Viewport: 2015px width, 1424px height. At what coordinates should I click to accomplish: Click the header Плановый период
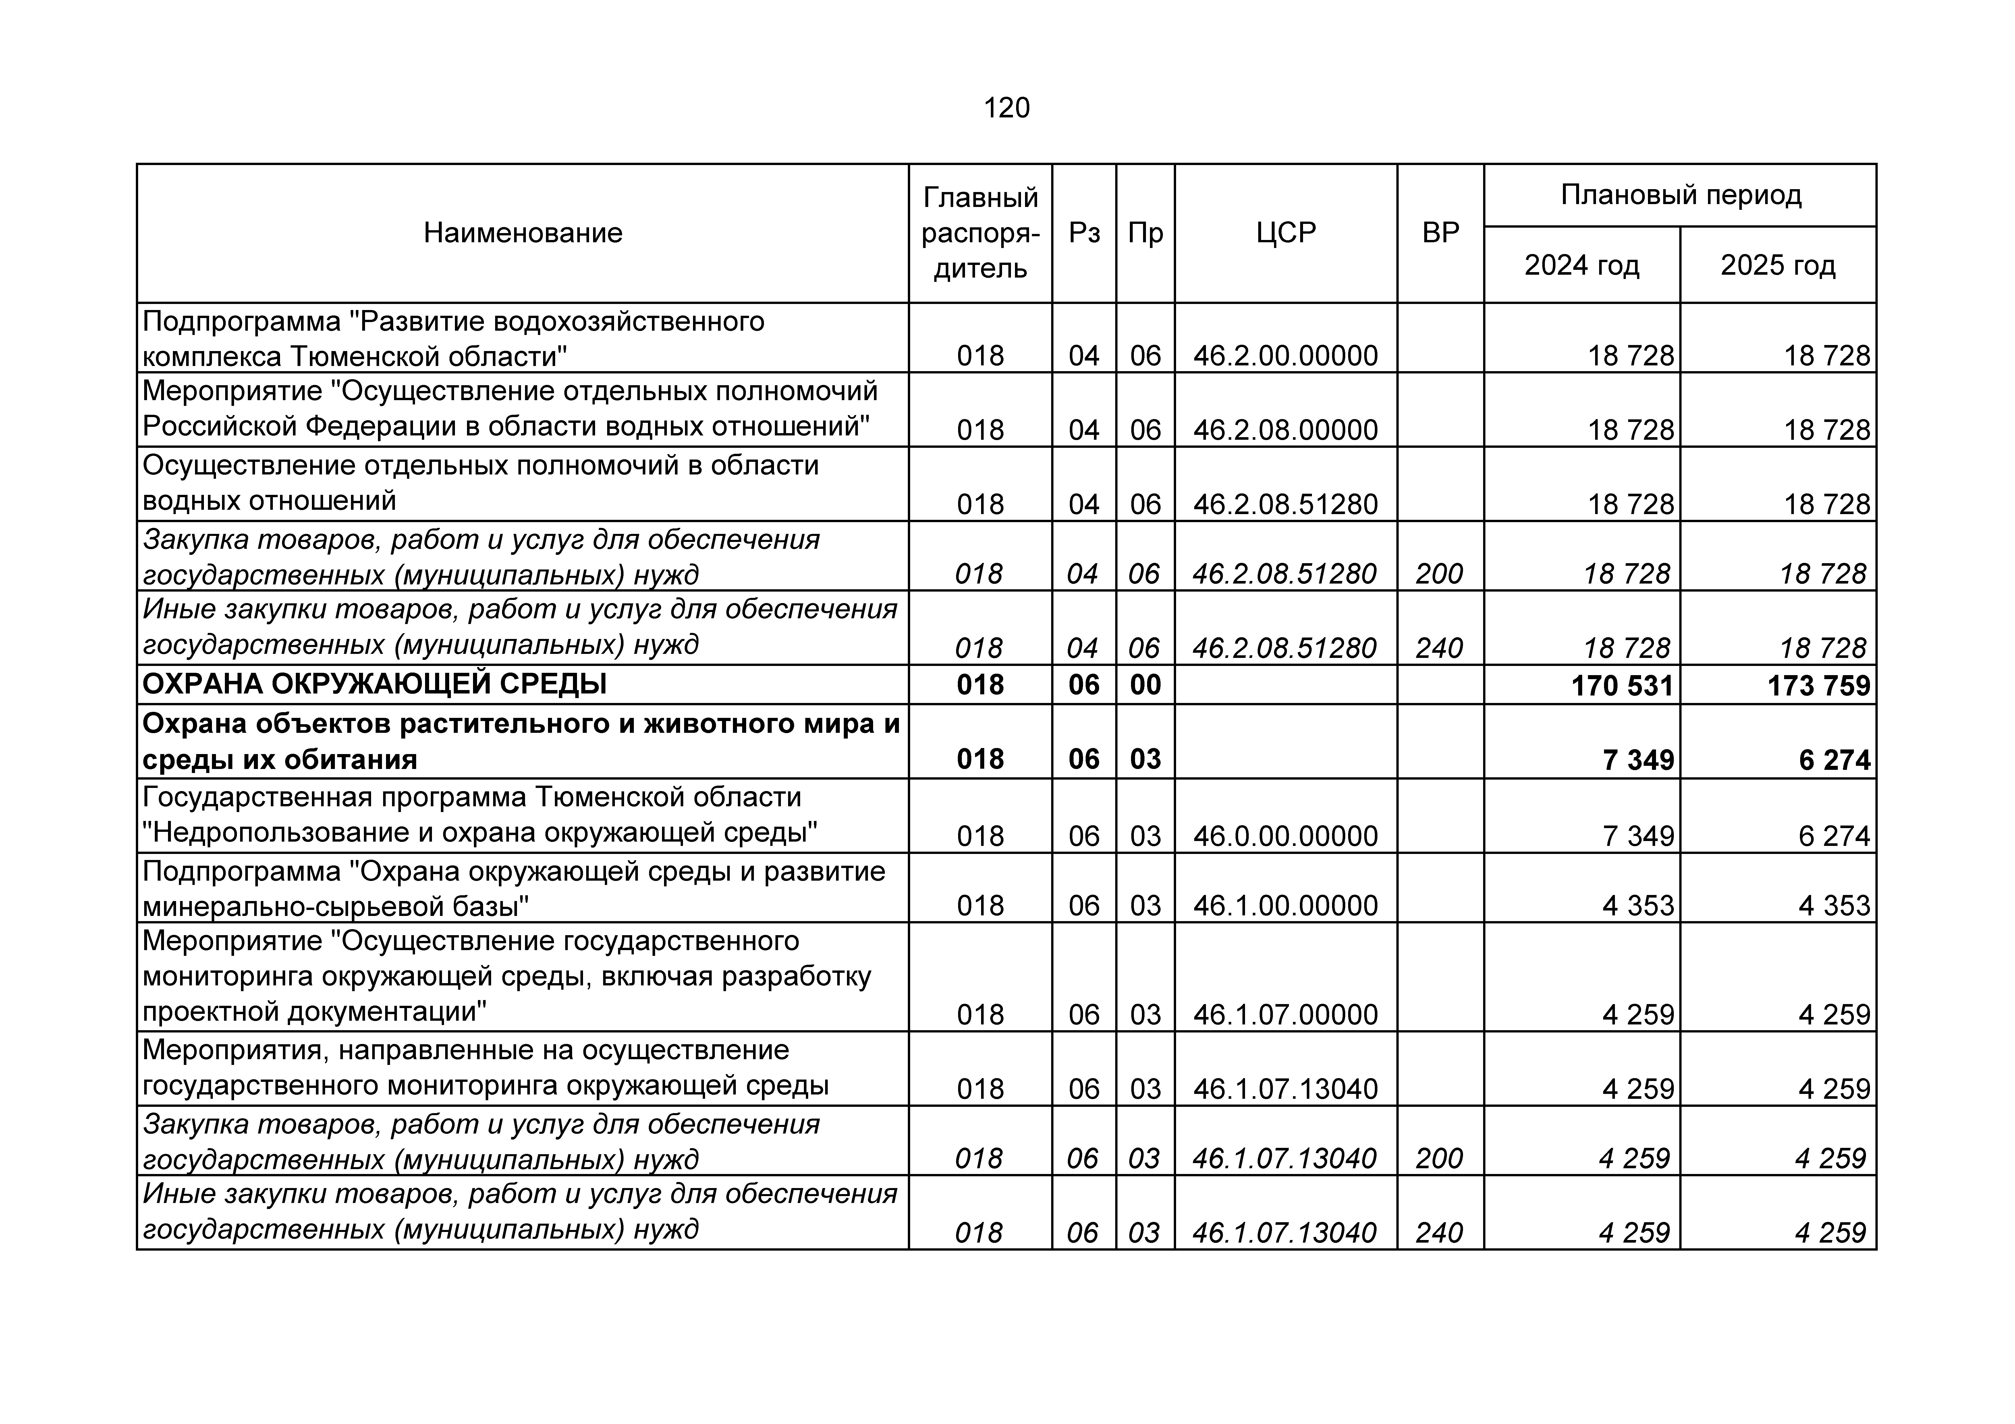point(1680,195)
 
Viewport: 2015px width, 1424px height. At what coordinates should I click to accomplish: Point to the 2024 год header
point(1581,265)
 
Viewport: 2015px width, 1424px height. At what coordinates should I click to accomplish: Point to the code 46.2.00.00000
point(1285,355)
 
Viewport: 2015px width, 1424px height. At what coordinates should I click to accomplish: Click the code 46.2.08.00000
point(1285,430)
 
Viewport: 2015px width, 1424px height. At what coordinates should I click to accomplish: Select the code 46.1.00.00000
point(1285,905)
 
